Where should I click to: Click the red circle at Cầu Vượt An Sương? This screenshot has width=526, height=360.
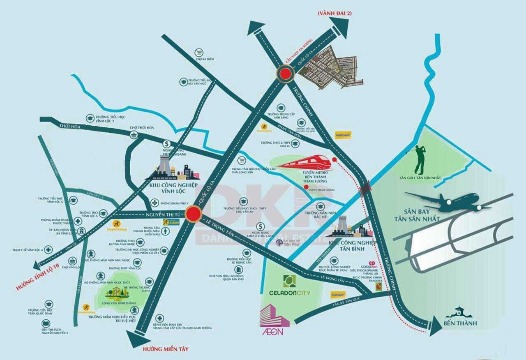coord(285,74)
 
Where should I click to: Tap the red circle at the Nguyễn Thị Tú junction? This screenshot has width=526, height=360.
coord(193,214)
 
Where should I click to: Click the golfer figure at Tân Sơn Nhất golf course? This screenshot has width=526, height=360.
coord(419,159)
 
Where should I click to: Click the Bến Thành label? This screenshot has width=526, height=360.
coord(460,323)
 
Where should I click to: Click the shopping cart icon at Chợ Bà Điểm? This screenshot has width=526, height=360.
coord(199,53)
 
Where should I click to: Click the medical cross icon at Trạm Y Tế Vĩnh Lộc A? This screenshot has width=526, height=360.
coord(48,249)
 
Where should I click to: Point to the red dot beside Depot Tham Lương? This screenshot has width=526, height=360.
coord(306,187)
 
